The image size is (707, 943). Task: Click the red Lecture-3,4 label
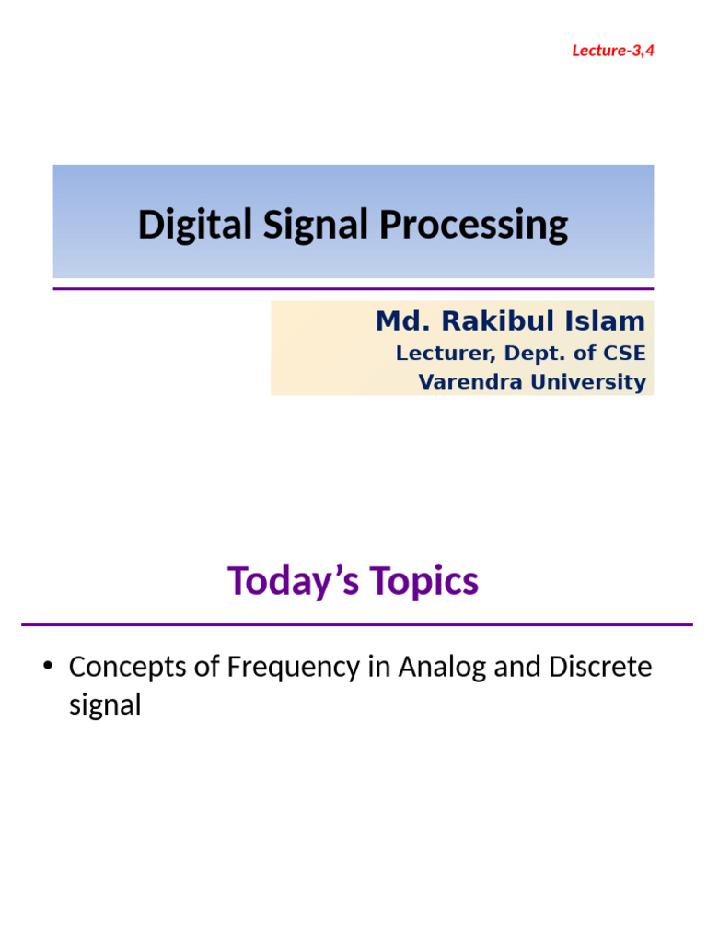pyautogui.click(x=612, y=50)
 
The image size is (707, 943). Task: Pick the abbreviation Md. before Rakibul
pyautogui.click(x=401, y=321)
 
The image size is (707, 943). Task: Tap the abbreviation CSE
pyautogui.click(x=626, y=354)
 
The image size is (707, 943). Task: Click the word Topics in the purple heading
pyautogui.click(x=424, y=581)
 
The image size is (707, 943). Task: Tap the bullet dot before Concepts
pyautogui.click(x=49, y=667)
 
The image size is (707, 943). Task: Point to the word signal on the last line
pyautogui.click(x=105, y=705)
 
